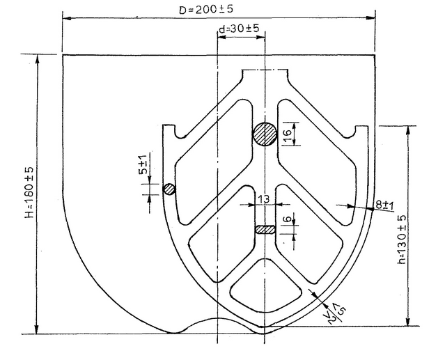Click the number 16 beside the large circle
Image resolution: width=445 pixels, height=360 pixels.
tap(287, 134)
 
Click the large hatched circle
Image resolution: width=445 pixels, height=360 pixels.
tap(265, 133)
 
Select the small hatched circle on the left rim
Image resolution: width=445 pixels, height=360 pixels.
tap(169, 189)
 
